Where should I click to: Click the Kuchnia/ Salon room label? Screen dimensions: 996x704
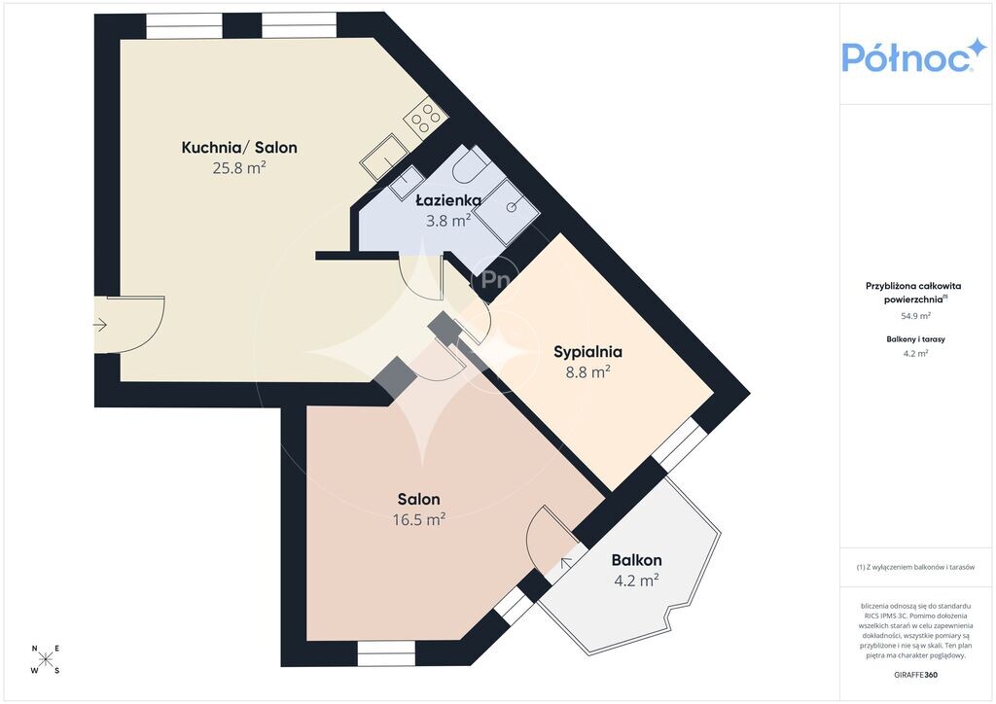coord(239,148)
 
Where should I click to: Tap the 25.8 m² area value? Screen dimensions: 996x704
coord(239,168)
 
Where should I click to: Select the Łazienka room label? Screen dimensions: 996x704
coord(448,200)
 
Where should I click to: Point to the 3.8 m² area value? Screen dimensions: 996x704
coord(448,221)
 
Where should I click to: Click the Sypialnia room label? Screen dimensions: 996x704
coord(587,352)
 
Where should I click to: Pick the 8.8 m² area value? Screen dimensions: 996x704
coord(588,372)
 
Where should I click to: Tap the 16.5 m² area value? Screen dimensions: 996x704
coord(418,520)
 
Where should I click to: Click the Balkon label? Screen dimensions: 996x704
coord(636,560)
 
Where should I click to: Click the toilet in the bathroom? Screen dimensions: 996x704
coord(471,164)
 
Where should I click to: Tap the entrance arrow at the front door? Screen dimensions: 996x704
coord(100,326)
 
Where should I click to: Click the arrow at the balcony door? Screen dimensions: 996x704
coord(565,562)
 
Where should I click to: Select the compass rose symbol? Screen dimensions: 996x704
coord(46,659)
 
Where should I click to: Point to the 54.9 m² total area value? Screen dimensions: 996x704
coord(916,316)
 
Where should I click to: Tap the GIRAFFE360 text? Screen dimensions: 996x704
coord(915,675)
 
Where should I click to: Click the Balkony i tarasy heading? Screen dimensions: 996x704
coord(915,339)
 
